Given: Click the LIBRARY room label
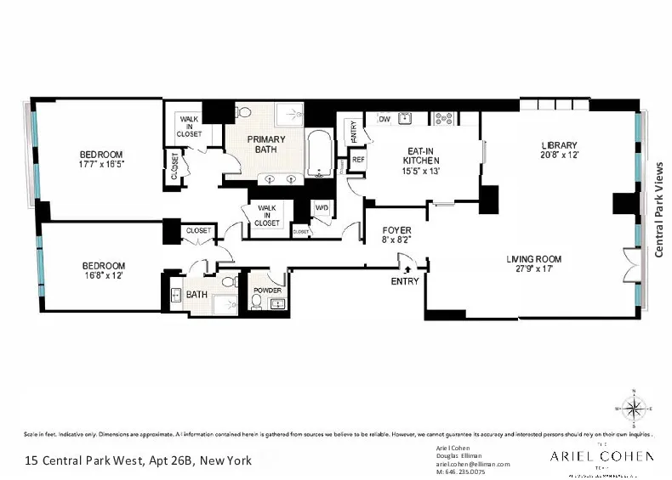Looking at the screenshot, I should click(x=559, y=144).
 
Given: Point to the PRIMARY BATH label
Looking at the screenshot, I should click(x=265, y=144).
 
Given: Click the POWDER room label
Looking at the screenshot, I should click(x=266, y=290).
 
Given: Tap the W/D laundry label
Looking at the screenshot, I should click(x=322, y=207).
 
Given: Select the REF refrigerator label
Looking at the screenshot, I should click(x=358, y=159).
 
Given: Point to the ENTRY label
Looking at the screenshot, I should click(x=404, y=281).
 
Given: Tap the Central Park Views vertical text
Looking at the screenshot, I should click(x=658, y=209).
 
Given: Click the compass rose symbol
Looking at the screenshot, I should click(x=633, y=409).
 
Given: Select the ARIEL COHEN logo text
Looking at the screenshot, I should click(x=601, y=456).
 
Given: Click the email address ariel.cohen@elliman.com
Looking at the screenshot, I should click(x=472, y=464).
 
